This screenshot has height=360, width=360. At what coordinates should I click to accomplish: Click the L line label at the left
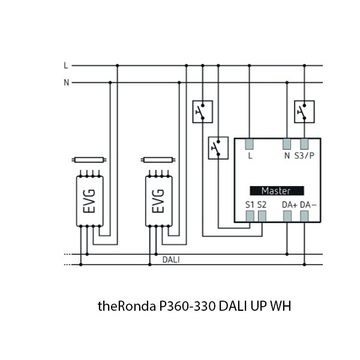[66, 65]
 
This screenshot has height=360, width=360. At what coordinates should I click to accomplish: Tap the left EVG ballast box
[90, 202]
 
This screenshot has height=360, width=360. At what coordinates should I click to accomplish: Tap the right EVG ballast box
[159, 202]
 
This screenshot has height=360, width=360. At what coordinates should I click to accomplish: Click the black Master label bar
[276, 191]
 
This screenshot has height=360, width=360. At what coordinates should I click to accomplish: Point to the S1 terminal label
[250, 205]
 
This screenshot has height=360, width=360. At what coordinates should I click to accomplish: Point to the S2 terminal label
[262, 205]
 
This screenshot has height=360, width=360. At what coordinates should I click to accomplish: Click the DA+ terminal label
[289, 205]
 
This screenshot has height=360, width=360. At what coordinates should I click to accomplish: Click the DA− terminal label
[308, 205]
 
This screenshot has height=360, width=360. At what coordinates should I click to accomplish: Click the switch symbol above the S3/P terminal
[303, 111]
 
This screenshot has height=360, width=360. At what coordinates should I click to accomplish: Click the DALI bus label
[171, 260]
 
